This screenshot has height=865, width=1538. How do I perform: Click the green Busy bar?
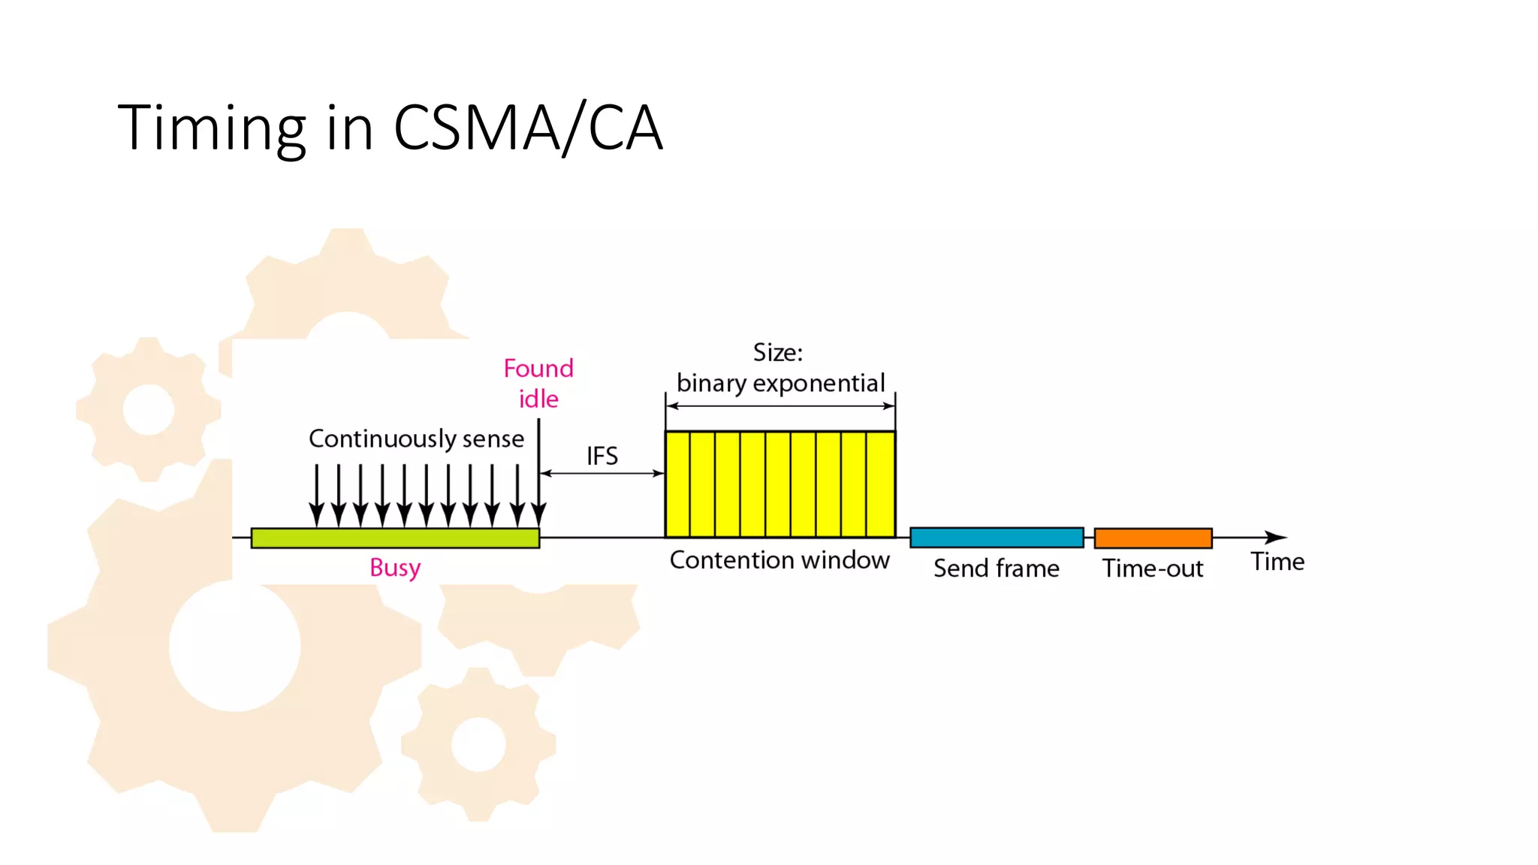(x=395, y=538)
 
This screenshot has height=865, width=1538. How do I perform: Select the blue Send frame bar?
(x=997, y=537)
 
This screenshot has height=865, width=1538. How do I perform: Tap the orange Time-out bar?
(x=1153, y=538)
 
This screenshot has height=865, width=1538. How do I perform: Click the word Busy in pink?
(x=395, y=568)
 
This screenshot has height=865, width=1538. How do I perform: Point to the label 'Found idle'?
(x=538, y=383)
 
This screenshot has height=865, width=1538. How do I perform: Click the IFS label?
(x=602, y=456)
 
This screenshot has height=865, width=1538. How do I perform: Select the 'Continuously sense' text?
(x=416, y=439)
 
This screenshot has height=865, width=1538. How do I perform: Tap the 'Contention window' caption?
(x=780, y=560)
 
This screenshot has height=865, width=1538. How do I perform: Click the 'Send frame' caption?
(x=997, y=568)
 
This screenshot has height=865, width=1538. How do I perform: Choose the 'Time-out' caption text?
(x=1153, y=568)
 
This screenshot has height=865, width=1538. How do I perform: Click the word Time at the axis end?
(x=1277, y=562)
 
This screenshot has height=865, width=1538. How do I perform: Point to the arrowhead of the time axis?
(x=1277, y=538)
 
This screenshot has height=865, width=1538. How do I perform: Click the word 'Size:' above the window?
(x=778, y=352)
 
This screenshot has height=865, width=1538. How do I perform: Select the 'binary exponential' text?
(x=780, y=383)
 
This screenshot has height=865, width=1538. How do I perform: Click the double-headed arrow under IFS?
(x=602, y=473)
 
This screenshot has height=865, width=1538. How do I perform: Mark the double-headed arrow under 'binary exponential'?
(x=780, y=406)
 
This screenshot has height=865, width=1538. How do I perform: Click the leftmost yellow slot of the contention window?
(x=678, y=484)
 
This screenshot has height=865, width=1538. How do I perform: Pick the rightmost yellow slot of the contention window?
(x=881, y=484)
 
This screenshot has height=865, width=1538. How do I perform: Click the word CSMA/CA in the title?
(x=528, y=128)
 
